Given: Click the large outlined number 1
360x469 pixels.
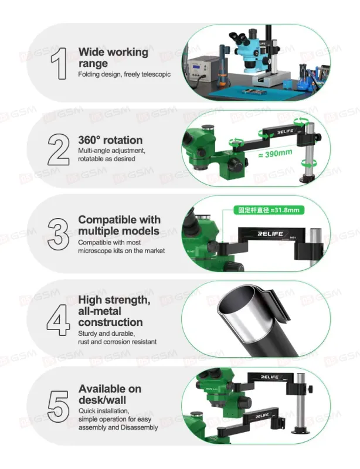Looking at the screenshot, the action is point(60,63).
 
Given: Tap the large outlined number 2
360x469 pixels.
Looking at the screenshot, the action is point(59,149).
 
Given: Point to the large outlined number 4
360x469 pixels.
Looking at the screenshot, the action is point(59,320).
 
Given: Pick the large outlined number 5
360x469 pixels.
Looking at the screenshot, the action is point(58,406).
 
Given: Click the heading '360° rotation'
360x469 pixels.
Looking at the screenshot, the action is point(110,140).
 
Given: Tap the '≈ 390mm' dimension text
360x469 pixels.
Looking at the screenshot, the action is point(275,154).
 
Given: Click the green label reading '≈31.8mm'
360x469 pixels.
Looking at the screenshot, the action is point(269,210).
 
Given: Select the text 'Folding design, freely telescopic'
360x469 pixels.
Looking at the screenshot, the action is point(124,74).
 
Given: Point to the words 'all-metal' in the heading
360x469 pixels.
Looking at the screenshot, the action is point(100,311).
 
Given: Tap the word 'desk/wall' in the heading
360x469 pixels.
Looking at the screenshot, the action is point(102,400).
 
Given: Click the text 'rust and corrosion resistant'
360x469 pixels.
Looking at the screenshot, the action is point(117,342).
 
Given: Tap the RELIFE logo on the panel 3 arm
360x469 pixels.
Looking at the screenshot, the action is point(270,233).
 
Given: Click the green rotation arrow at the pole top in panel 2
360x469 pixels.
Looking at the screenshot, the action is point(301,121).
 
